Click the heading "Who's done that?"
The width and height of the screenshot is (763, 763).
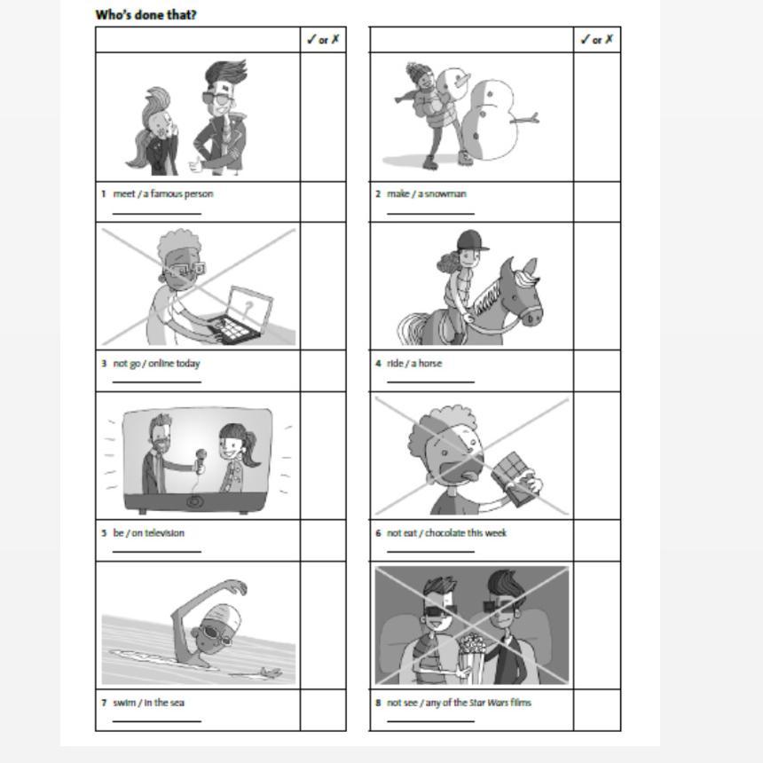(x=146, y=14)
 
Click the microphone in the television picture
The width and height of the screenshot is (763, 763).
(x=200, y=461)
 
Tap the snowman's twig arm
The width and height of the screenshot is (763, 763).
(x=524, y=118)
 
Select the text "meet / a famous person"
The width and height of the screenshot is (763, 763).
(x=163, y=193)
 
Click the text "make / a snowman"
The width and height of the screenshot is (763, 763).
(x=426, y=193)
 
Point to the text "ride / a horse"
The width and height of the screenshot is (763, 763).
(x=414, y=363)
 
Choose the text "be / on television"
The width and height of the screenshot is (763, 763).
(x=148, y=533)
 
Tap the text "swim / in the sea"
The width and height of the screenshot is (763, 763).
(x=148, y=703)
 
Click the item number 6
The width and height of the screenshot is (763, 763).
(x=378, y=533)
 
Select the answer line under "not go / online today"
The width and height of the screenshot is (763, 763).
(x=157, y=382)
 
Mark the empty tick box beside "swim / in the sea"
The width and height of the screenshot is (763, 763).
(x=323, y=710)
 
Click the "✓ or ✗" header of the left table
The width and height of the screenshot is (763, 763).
(x=323, y=39)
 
